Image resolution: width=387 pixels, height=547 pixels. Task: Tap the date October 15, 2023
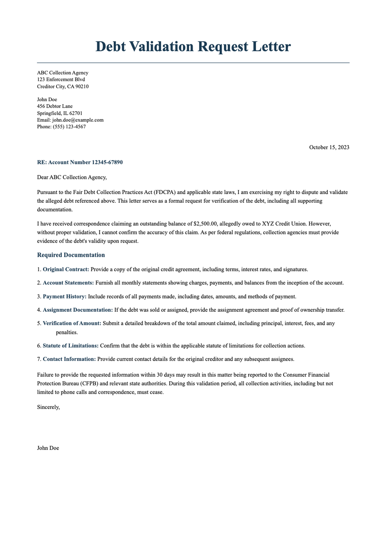point(329,147)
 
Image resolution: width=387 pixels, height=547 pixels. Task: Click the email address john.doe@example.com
point(78,120)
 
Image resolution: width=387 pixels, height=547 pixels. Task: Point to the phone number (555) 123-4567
point(69,127)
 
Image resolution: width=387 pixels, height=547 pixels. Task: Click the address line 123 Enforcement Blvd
point(61,79)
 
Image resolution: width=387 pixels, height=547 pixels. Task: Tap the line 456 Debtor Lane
point(55,106)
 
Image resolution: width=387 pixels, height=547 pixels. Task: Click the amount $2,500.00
point(205,223)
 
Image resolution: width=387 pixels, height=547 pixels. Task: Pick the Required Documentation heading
point(71,255)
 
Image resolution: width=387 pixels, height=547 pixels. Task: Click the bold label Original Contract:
point(66,269)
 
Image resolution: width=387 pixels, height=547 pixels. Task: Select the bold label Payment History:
point(64,296)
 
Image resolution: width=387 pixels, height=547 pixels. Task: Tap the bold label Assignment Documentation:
point(78,310)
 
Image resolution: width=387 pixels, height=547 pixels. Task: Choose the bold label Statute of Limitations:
point(71,346)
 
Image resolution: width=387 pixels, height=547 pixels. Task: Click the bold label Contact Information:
point(69,359)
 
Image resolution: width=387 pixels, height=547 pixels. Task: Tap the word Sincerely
point(48,407)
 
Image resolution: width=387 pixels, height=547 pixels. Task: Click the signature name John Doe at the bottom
point(48,448)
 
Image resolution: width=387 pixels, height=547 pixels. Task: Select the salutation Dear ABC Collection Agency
point(72,177)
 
